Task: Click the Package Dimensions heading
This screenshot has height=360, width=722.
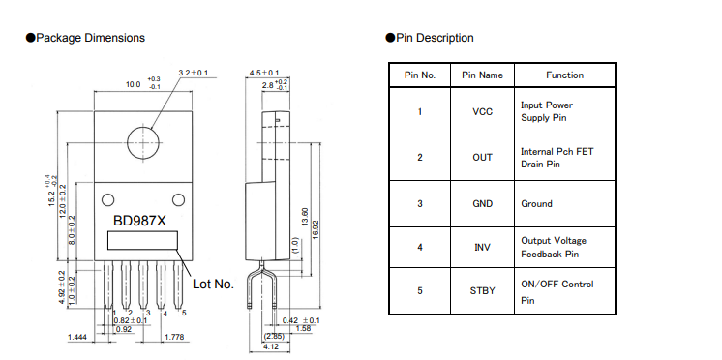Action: [85, 38]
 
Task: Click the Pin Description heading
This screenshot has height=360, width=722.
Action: [430, 38]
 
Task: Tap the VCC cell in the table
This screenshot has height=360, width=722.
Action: [482, 111]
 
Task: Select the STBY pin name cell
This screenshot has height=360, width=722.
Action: [482, 291]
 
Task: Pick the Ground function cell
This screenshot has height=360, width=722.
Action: [564, 203]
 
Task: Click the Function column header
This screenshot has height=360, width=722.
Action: [564, 75]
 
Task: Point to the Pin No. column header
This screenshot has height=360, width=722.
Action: [420, 75]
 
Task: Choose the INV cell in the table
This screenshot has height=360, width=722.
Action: [482, 247]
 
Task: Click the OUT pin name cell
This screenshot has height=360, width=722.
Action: [482, 158]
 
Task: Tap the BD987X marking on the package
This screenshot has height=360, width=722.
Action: [139, 221]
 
